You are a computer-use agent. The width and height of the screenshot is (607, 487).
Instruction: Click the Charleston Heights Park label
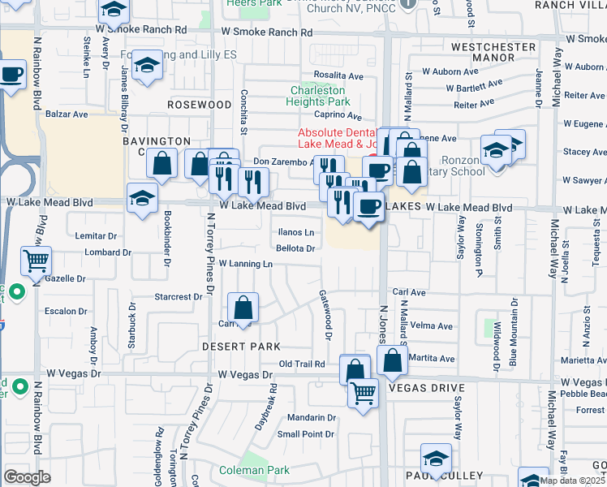click(319, 96)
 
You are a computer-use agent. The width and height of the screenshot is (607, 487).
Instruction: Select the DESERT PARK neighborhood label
click(240, 347)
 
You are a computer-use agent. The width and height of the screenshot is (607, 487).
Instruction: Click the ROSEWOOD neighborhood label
click(199, 106)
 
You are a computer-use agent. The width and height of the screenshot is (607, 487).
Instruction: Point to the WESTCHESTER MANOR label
click(493, 53)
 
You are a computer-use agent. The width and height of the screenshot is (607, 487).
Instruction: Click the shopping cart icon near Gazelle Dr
click(36, 261)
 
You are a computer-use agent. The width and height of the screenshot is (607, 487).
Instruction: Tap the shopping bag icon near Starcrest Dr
click(243, 308)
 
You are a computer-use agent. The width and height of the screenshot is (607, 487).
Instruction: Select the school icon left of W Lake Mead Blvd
click(142, 198)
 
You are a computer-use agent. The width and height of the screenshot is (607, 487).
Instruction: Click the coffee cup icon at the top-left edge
click(12, 76)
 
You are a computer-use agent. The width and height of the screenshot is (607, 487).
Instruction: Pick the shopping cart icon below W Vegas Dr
click(363, 394)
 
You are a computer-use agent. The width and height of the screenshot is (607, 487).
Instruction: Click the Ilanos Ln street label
click(296, 232)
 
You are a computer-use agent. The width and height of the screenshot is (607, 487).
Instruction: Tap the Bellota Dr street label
click(295, 248)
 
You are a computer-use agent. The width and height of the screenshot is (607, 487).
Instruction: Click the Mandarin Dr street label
click(312, 418)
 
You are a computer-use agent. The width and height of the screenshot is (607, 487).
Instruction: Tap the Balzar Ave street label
click(67, 114)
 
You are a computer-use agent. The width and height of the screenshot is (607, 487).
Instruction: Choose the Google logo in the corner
click(27, 476)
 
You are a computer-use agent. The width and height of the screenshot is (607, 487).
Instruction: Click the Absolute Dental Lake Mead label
click(335, 137)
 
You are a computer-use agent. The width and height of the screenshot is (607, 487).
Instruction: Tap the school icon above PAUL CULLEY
click(436, 459)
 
